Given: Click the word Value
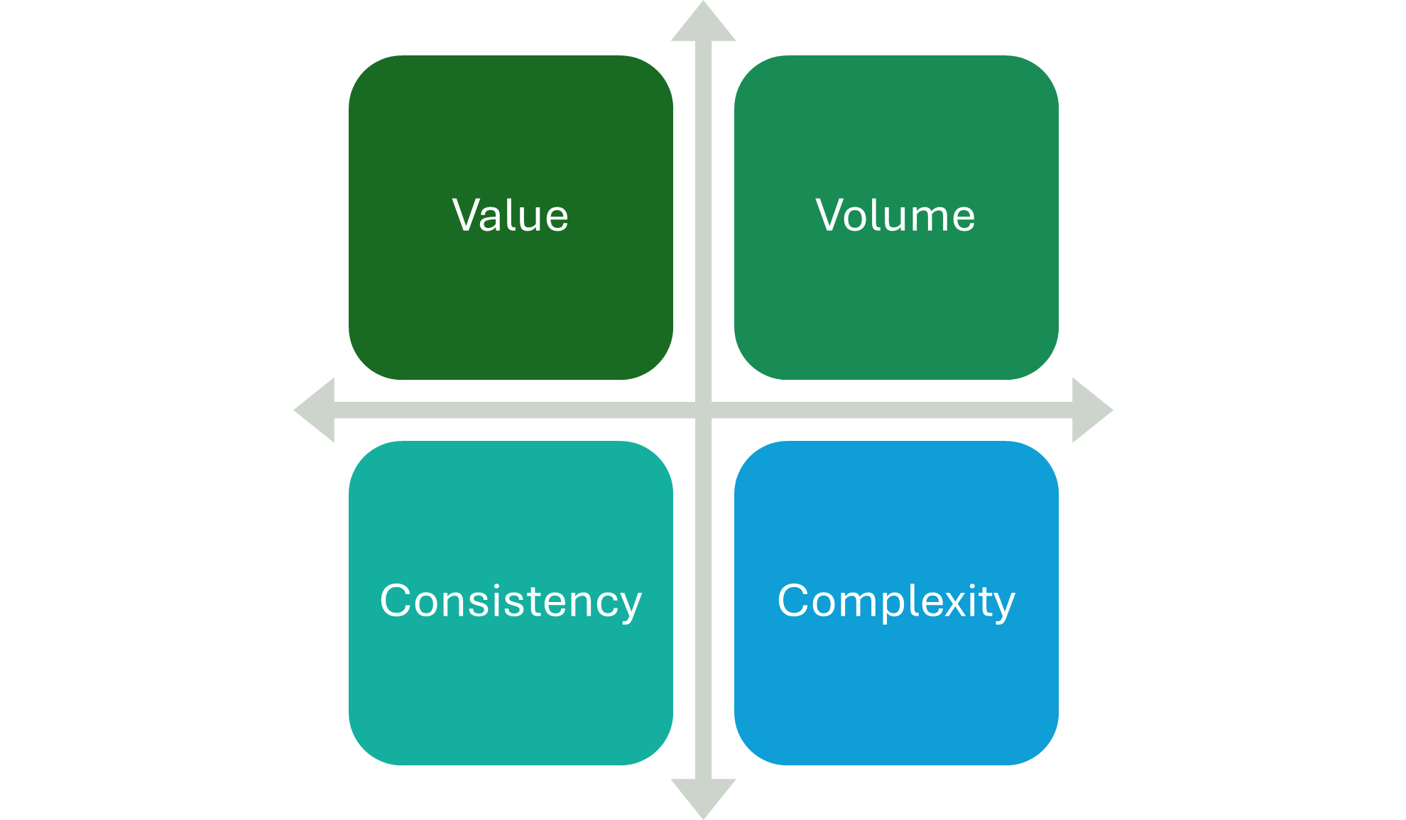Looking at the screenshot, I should [x=511, y=216].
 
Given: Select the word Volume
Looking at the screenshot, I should [x=895, y=216].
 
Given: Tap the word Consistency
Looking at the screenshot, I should [x=511, y=601].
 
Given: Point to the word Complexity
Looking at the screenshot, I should [x=896, y=601].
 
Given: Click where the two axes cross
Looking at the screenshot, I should [x=703, y=410].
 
